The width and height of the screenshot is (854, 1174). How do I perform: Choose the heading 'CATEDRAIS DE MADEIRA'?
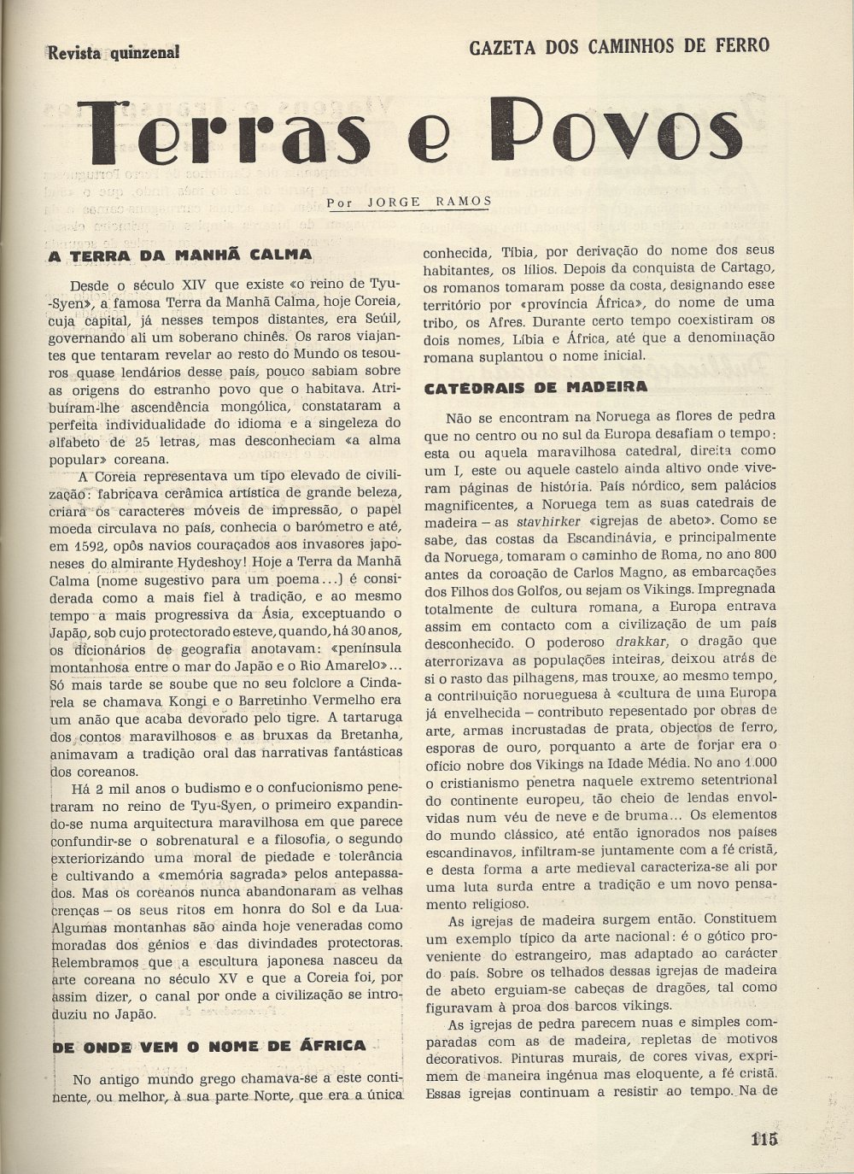point(535,386)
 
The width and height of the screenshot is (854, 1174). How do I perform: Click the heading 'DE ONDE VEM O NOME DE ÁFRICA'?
point(209,1045)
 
